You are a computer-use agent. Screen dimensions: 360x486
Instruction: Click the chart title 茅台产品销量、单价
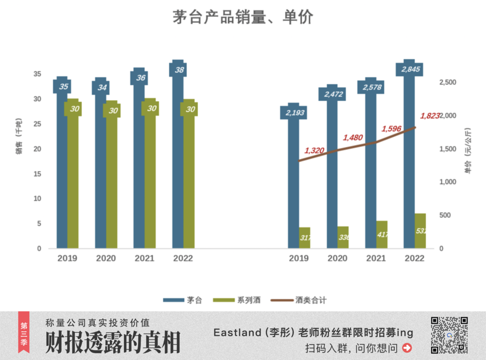243,18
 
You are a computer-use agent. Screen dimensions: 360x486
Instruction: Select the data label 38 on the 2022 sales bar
179,70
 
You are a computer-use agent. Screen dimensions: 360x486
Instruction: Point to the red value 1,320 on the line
314,151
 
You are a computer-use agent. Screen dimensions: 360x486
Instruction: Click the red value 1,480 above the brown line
352,138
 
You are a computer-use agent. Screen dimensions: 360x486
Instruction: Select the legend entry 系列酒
249,300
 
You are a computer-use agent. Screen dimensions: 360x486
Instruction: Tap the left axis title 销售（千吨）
19,136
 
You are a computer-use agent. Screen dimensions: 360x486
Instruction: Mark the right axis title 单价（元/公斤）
468,151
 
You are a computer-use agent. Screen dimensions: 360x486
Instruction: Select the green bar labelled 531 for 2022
420,231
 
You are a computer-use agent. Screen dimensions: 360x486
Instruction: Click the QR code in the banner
449,335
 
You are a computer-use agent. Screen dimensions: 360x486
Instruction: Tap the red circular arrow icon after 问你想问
407,348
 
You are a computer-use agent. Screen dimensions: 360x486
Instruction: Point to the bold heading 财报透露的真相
113,342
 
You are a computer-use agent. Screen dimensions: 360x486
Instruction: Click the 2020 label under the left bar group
106,258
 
